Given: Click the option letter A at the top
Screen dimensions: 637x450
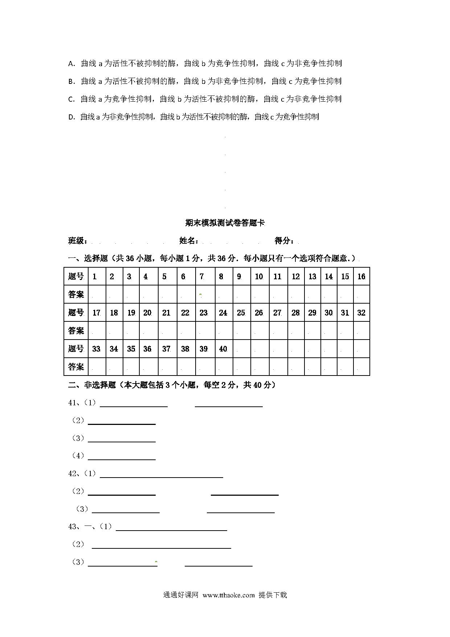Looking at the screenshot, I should coord(71,64).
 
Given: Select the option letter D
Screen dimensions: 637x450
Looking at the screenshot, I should coord(71,117).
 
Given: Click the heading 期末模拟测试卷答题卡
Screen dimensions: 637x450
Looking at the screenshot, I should coord(225,223).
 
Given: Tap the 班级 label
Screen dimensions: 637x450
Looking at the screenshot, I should coord(77,241).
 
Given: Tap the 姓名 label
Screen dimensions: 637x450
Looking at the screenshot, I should coord(189,241).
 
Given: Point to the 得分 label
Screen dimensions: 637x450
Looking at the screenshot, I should coord(284,241).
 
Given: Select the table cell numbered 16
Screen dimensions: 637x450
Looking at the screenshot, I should coord(361,276).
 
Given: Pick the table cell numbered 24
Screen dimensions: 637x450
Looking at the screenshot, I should coord(223,313).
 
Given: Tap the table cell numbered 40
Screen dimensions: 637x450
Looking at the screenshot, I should coord(223,349).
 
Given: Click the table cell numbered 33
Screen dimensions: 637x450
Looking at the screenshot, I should coord(97,349).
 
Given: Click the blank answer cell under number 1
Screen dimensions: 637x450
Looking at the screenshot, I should coord(97,294).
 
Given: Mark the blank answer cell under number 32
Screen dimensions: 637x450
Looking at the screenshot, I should coord(361,330).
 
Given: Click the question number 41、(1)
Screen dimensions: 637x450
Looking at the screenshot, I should coord(82,403).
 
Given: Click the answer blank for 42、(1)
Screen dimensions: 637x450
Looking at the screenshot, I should coord(161,474).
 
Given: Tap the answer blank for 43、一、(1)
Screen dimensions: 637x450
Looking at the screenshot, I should coord(171,527).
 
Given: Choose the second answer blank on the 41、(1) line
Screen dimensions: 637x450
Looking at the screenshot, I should coord(229,403).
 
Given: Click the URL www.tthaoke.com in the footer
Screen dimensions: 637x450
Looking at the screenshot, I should coord(229,595).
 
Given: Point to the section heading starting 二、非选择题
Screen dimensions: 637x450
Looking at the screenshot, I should coord(171,385).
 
